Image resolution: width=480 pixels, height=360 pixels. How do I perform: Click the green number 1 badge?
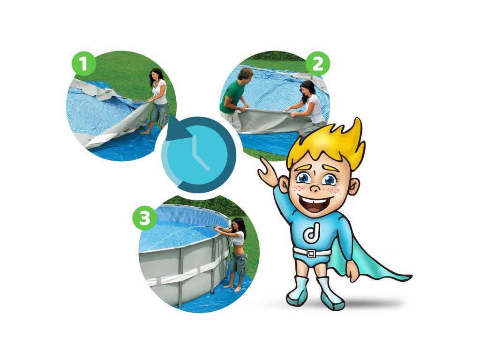(x=83, y=63)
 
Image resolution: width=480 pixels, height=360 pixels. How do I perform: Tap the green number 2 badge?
(x=318, y=64)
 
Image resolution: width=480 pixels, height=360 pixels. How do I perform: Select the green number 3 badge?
(x=144, y=218)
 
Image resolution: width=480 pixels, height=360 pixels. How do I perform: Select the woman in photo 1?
(x=157, y=99)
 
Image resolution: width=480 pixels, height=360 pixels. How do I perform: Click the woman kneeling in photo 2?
(x=307, y=105)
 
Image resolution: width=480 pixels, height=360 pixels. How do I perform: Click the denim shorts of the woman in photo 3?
(x=238, y=263)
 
